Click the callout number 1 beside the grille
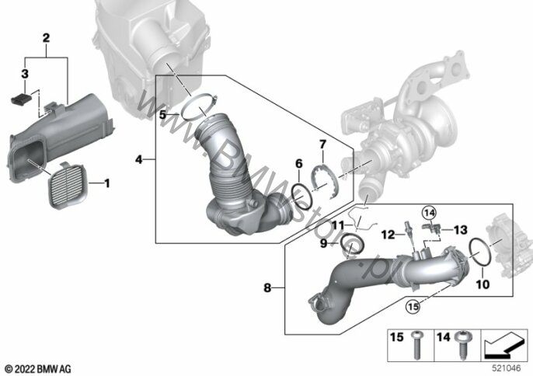[x=107, y=183]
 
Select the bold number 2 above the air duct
[x=46, y=37]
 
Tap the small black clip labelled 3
[x=21, y=99]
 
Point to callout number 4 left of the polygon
[x=139, y=159]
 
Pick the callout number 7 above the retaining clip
[x=322, y=144]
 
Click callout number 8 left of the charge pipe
[x=267, y=287]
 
